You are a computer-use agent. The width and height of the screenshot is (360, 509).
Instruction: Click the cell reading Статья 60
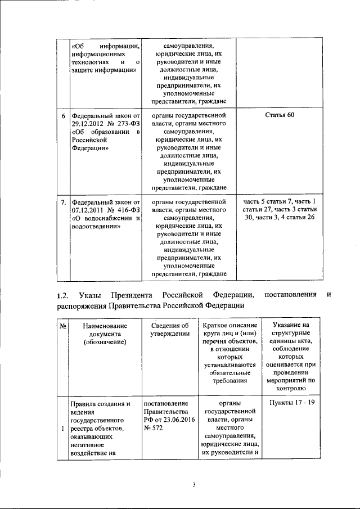(x=279, y=115)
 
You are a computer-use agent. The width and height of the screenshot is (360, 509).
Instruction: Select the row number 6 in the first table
(x=63, y=115)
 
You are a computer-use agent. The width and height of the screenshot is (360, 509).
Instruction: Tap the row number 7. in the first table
(x=64, y=201)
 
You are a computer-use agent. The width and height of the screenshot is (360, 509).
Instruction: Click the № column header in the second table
(x=63, y=326)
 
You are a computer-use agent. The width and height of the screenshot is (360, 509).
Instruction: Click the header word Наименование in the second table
(x=105, y=326)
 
